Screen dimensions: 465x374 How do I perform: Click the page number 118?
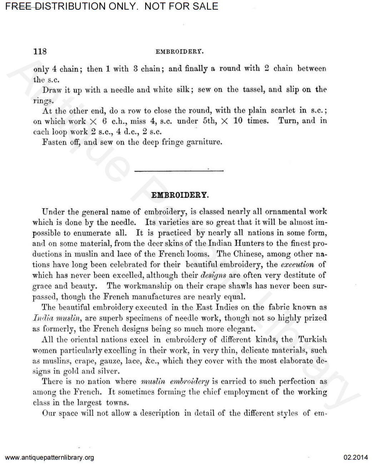(40, 51)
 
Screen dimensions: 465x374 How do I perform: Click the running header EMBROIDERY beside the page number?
(180, 51)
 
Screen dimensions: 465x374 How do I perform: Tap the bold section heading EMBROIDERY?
(180, 195)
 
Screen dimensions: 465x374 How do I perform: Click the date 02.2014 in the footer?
(355, 457)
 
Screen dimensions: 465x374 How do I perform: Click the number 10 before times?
(238, 121)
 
